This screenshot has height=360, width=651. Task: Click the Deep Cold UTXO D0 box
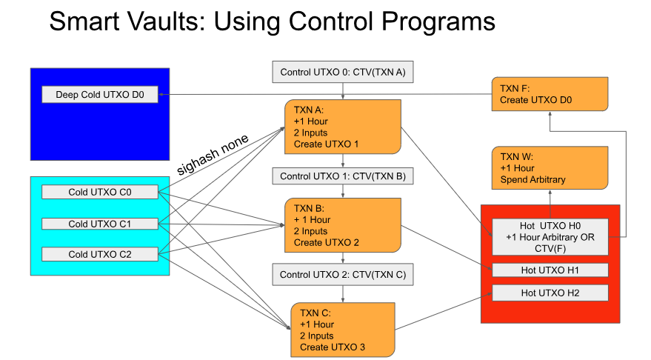click(100, 95)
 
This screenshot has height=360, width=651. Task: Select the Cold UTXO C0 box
click(100, 193)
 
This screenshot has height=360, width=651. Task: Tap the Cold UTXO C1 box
click(100, 224)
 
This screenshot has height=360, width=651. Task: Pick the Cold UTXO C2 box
click(100, 254)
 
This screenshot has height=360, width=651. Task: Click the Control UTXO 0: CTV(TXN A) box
click(342, 73)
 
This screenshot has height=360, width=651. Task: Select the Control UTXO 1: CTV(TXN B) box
click(342, 176)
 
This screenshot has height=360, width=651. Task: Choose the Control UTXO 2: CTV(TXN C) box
click(342, 275)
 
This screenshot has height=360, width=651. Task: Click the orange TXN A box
click(342, 127)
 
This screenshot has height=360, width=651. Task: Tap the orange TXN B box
click(342, 225)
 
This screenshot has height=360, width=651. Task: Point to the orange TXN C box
click(344, 330)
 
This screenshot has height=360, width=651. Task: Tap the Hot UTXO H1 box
click(550, 270)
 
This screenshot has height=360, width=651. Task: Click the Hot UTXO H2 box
click(550, 293)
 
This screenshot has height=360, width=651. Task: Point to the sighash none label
click(213, 153)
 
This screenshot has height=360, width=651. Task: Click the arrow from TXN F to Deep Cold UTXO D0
click(326, 94)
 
